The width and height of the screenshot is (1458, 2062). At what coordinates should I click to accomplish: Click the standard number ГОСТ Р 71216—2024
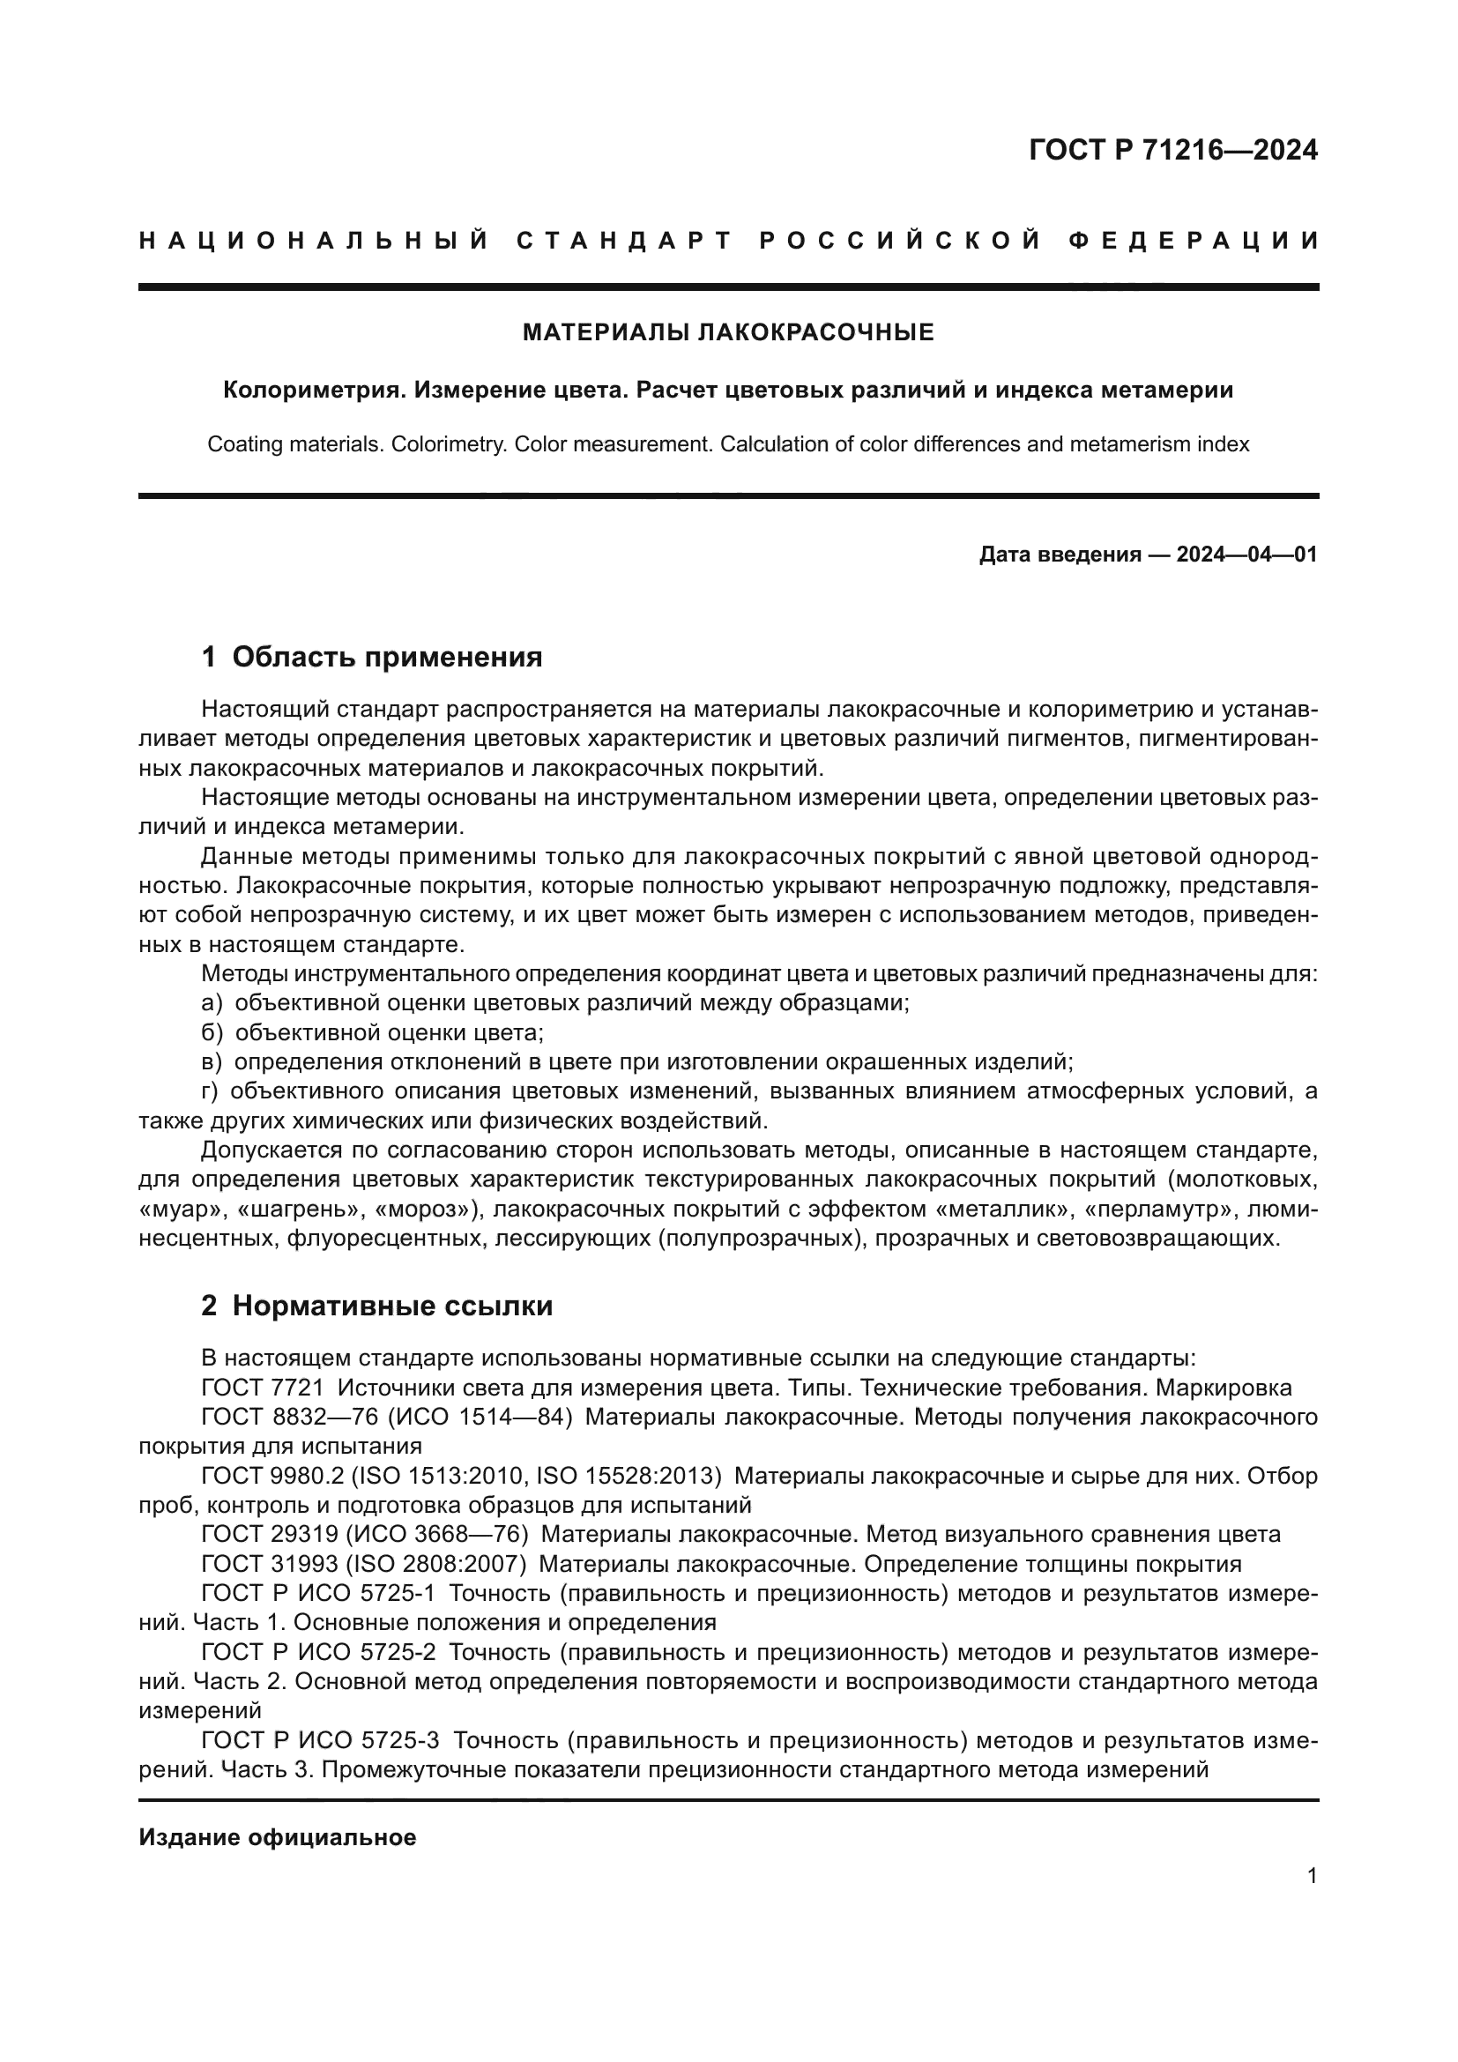coord(1172,150)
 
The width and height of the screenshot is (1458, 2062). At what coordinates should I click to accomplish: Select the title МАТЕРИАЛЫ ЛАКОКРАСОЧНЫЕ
coord(728,333)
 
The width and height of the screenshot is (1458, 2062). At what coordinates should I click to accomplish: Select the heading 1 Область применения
coord(372,658)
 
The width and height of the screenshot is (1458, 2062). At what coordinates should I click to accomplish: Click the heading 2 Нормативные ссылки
coord(376,1306)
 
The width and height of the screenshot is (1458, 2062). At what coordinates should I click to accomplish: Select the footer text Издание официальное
coord(278,1838)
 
